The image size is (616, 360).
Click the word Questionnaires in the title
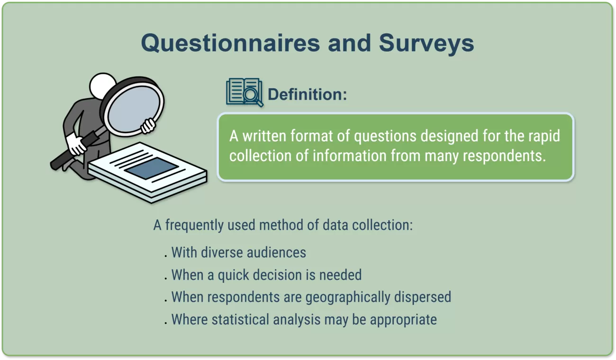point(230,44)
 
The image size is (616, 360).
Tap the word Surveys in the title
point(426,44)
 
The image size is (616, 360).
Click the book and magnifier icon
point(245,92)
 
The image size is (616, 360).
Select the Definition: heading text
point(307,94)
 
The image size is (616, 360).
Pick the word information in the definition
point(350,155)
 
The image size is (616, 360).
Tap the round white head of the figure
point(102,84)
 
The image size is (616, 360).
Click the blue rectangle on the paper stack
point(152,168)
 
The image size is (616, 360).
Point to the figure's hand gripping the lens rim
point(148,126)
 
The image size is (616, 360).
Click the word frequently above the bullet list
point(194,225)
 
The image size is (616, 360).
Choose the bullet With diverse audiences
point(238,252)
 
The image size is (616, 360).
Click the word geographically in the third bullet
point(348,297)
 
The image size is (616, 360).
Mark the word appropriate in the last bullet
point(403,320)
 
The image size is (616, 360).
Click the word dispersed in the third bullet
point(423,297)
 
